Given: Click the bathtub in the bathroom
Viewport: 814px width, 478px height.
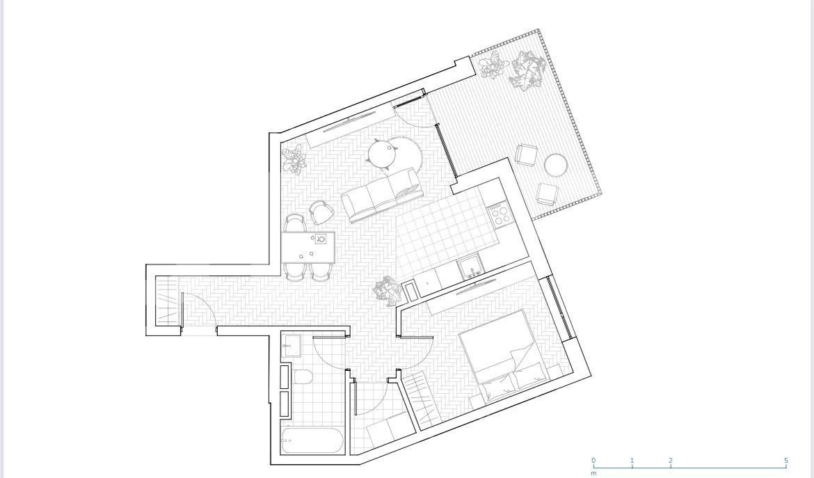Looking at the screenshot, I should [x=312, y=440].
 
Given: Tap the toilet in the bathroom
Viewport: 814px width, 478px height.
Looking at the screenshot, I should [x=303, y=377].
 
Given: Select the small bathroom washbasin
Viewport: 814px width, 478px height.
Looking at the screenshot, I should [x=291, y=346].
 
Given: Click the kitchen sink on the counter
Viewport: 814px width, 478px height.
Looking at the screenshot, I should [x=471, y=266].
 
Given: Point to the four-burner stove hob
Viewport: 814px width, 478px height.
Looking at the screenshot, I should [x=498, y=214].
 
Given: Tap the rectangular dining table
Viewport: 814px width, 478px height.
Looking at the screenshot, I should [x=308, y=247].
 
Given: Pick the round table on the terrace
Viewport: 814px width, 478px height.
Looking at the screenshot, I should [x=556, y=166].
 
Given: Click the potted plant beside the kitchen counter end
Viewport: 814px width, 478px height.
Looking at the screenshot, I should [x=388, y=290].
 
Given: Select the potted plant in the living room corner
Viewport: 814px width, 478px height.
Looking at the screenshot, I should [x=294, y=159].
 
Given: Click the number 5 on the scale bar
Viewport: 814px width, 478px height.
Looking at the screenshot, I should [x=786, y=461].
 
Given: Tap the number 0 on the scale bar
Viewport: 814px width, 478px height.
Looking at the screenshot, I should [x=593, y=461].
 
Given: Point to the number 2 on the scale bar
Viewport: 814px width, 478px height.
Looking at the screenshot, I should [x=671, y=461].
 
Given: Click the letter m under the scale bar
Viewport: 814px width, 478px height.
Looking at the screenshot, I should [x=593, y=473].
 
